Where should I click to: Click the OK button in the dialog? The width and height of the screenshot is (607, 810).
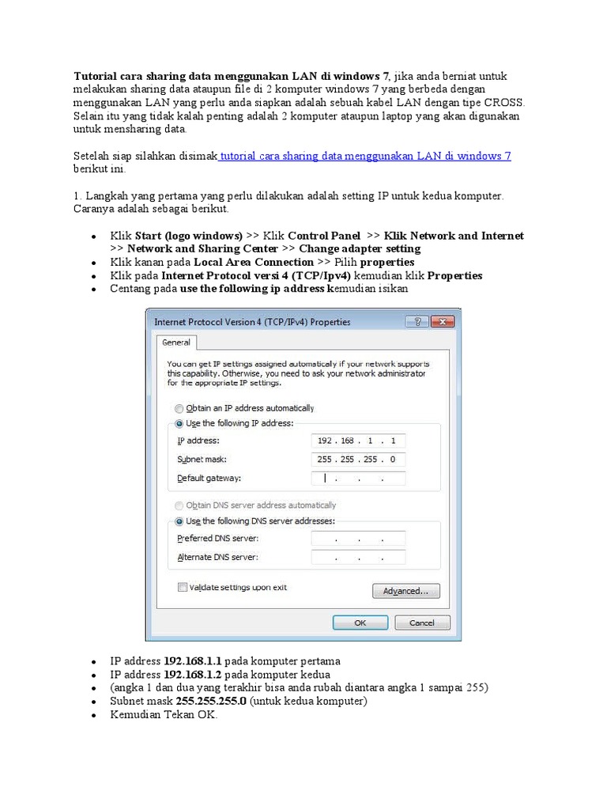pyautogui.click(x=360, y=623)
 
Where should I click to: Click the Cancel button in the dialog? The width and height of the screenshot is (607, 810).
pyautogui.click(x=421, y=623)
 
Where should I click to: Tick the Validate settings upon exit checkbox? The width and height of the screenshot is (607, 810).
pyautogui.click(x=183, y=588)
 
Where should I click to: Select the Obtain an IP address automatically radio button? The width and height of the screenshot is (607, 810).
pyautogui.click(x=179, y=408)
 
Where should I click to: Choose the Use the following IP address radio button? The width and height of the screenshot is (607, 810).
pyautogui.click(x=179, y=424)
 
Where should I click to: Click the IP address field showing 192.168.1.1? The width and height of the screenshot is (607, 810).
pyautogui.click(x=358, y=441)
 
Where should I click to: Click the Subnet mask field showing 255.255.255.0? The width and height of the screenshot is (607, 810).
pyautogui.click(x=358, y=460)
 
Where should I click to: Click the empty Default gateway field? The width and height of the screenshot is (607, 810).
pyautogui.click(x=358, y=479)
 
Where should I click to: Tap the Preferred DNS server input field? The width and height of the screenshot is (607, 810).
pyautogui.click(x=358, y=539)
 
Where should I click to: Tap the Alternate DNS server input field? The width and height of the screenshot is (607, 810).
pyautogui.click(x=358, y=558)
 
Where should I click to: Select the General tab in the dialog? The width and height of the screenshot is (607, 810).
pyautogui.click(x=176, y=343)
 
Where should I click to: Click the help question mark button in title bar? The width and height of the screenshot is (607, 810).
pyautogui.click(x=417, y=322)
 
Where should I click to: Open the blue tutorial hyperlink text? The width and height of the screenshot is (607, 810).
pyautogui.click(x=365, y=157)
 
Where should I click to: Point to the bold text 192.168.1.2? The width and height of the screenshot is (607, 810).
pyautogui.click(x=193, y=674)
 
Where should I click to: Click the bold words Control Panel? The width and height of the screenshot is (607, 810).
pyautogui.click(x=324, y=236)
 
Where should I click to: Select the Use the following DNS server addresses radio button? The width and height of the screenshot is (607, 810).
pyautogui.click(x=179, y=521)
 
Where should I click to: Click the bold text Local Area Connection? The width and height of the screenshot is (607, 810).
pyautogui.click(x=253, y=262)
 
